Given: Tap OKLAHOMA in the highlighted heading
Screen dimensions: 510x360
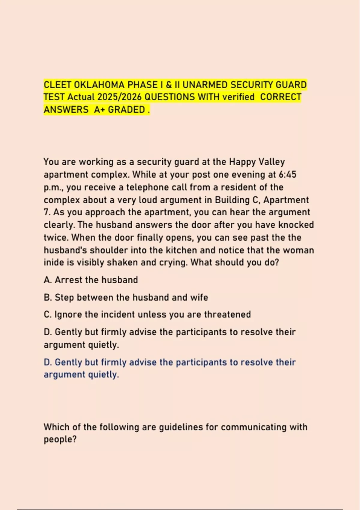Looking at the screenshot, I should click(99, 85).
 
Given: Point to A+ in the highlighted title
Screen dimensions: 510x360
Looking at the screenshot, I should click(100, 110).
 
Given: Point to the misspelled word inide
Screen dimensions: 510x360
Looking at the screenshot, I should click(54, 262).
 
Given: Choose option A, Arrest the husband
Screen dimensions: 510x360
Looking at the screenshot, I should click(91, 280).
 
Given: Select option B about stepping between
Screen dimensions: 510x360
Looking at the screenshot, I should click(126, 297).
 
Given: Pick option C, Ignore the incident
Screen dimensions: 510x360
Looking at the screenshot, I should click(147, 314).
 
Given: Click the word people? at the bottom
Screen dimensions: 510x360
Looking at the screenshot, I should click(60, 439).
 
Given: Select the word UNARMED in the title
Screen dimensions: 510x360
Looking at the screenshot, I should click(205, 85).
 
